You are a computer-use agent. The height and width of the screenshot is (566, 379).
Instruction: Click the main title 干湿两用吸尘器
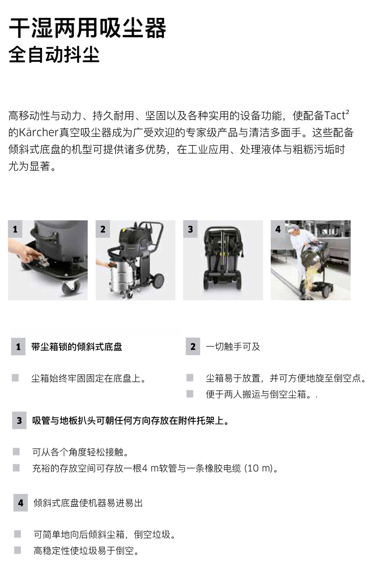87,28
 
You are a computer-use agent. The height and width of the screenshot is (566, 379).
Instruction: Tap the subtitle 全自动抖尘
54,54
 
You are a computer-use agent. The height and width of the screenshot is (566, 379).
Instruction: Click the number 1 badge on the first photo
15,229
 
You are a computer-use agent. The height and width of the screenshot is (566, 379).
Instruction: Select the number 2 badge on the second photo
103,229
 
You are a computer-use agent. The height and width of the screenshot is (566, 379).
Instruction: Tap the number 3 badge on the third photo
190,229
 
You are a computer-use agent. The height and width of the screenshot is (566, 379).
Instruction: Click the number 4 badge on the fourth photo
278,229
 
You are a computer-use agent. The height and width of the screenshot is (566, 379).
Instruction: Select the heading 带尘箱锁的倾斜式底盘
77,347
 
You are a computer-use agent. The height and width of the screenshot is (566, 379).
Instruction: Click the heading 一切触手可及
233,347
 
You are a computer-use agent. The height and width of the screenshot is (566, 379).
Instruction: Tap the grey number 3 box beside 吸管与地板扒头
19,421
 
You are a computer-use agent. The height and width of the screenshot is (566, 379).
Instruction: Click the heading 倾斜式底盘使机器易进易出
88,503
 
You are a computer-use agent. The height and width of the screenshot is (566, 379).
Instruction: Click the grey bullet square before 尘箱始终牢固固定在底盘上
15,378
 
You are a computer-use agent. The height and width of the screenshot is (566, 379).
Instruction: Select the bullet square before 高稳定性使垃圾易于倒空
17,550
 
